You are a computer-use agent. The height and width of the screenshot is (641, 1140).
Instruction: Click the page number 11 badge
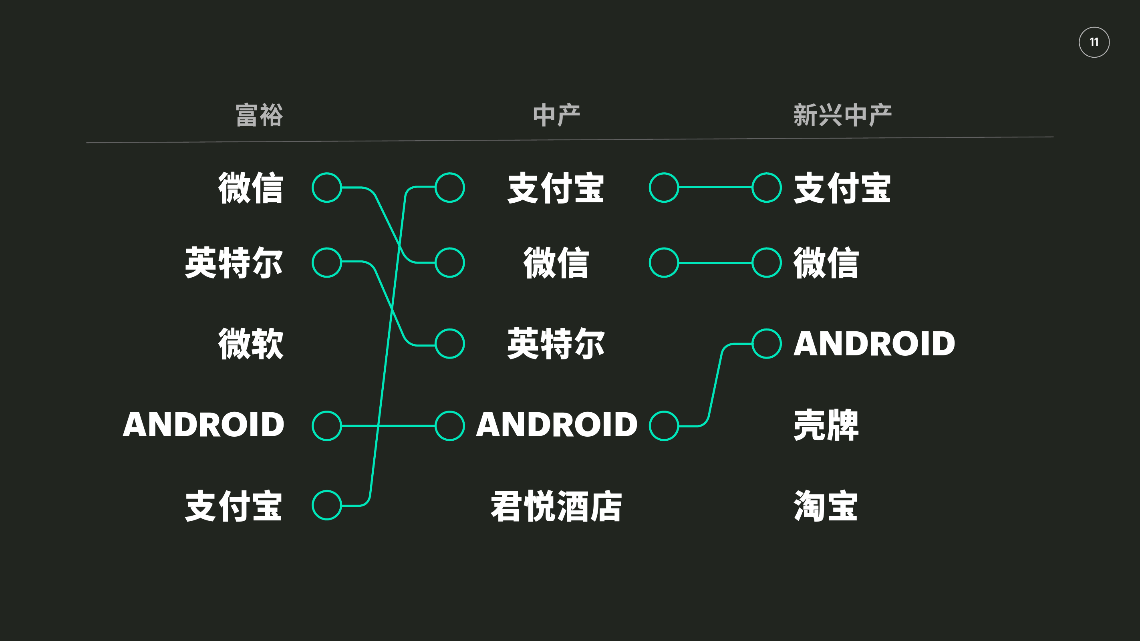(1094, 42)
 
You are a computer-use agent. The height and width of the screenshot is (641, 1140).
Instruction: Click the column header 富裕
(259, 115)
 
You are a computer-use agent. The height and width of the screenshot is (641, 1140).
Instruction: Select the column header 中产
(556, 115)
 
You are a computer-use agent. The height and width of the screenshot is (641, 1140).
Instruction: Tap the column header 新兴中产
(842, 115)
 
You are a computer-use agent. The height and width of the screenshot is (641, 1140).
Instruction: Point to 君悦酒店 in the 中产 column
(556, 506)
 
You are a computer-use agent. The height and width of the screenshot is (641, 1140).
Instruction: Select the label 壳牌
(826, 425)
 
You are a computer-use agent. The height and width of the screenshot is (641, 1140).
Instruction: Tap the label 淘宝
(826, 506)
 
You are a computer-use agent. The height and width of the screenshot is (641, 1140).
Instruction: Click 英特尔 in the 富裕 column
(234, 263)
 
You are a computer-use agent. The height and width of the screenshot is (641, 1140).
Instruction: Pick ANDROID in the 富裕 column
(203, 425)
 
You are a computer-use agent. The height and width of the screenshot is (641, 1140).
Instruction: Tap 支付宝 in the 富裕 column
(234, 506)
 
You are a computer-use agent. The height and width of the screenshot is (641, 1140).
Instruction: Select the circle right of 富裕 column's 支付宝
(326, 505)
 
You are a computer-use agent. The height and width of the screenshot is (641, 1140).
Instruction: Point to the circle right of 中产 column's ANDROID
(664, 426)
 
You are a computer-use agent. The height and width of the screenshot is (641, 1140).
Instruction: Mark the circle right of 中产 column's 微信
(664, 262)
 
